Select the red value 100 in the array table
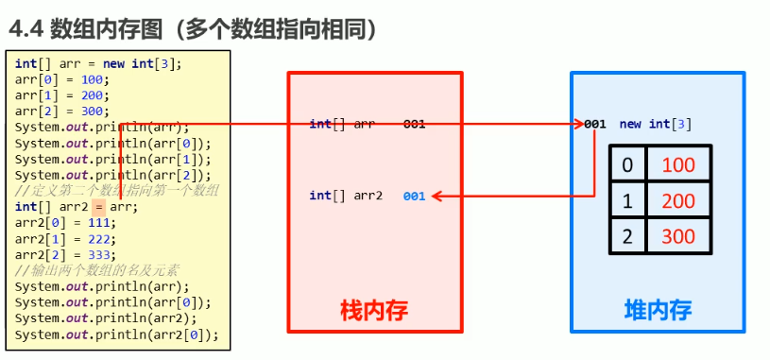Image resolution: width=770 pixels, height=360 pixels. point(678,165)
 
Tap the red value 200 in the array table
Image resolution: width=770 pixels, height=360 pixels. point(678,201)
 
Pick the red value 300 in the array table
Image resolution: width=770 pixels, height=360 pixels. point(678,236)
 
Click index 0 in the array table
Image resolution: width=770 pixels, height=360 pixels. point(625,165)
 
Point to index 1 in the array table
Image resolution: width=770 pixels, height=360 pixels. point(625,201)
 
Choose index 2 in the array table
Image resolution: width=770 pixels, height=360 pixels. point(625,236)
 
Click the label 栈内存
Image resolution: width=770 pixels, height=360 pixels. point(374,309)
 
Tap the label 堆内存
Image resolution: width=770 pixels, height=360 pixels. point(658,309)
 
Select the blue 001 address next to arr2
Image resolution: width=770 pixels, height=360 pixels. point(414,197)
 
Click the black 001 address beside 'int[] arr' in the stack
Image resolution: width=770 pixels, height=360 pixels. point(414,124)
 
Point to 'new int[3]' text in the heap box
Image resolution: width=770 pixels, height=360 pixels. point(655,124)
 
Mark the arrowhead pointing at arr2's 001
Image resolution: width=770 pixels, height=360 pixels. point(436,197)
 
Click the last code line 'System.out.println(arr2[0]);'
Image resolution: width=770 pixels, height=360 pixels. point(116,335)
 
